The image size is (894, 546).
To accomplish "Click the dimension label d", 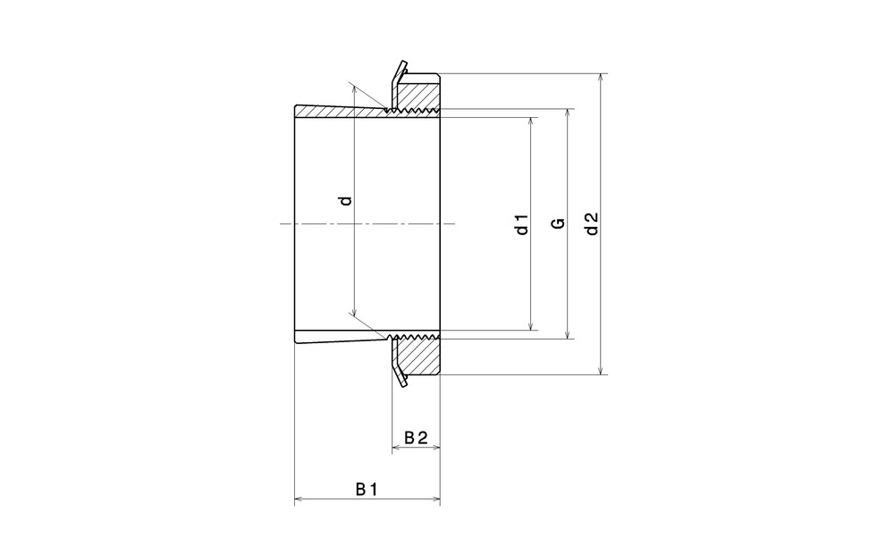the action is pos(345,201).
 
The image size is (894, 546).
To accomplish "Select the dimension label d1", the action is pos(522,224).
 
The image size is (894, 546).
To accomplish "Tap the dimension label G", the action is pos(560,223).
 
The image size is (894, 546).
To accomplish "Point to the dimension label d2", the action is pos(593,224).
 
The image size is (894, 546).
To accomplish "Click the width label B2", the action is pos(417,438).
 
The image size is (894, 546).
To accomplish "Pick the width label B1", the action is pos(367,489).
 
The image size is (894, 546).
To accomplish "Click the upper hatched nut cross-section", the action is pos(418,91).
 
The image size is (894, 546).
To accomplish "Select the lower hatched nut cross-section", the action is pos(418,357).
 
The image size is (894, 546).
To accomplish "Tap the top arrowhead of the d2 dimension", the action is pos(601,78).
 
